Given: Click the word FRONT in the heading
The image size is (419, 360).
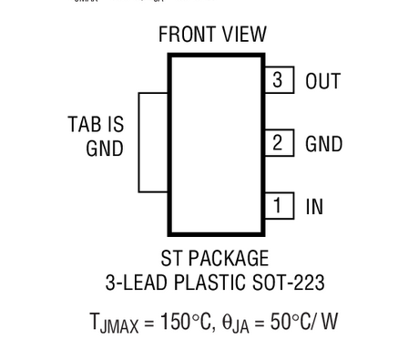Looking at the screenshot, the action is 188,35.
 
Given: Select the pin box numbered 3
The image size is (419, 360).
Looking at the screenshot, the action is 279,80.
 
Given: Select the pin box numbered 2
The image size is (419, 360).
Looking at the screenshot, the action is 279,143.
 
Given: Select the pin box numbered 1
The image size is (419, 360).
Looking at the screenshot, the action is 279,206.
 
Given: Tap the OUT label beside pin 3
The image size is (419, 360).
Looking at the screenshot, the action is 323,81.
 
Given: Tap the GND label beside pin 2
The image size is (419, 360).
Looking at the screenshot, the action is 323,144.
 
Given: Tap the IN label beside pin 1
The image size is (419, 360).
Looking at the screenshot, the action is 314,207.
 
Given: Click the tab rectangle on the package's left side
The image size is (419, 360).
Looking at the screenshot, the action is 152,142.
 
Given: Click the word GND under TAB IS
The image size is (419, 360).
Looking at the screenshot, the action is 105,148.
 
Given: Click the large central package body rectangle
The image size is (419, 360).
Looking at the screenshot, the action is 216,143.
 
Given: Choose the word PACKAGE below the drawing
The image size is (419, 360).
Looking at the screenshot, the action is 229,259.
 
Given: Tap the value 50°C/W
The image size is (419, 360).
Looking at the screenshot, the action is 304,322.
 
